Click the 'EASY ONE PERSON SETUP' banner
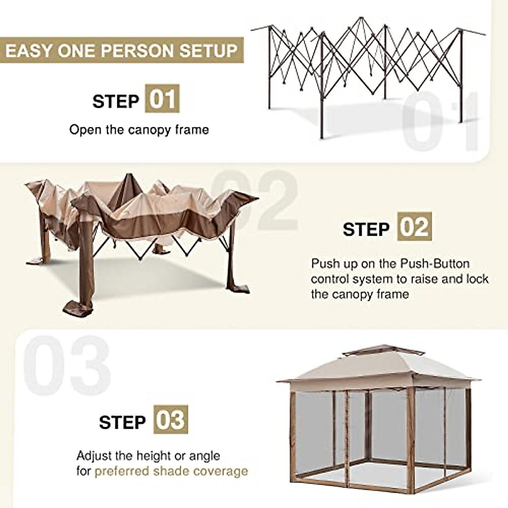[x=121, y=51]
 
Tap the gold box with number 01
[x=162, y=99]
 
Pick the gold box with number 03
[x=171, y=420]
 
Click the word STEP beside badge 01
[x=116, y=102]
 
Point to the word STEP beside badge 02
[x=366, y=229]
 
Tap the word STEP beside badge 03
[x=122, y=422]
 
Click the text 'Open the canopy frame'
[x=139, y=130]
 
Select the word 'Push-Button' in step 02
[x=435, y=264]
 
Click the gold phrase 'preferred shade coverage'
[x=171, y=471]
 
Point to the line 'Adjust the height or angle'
[x=148, y=456]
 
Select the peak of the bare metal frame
[x=361, y=19]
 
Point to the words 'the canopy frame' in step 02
[x=360, y=294]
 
